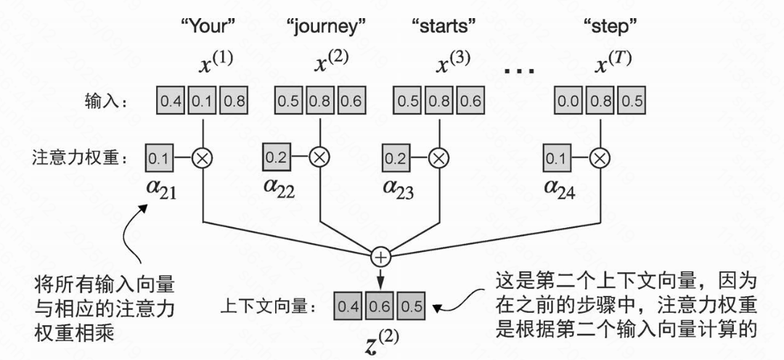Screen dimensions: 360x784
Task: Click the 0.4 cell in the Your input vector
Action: click(x=171, y=101)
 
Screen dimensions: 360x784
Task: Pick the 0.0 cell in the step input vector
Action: click(x=568, y=101)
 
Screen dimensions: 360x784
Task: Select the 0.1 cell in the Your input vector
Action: click(x=203, y=101)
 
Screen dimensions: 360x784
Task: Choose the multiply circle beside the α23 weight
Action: click(x=438, y=156)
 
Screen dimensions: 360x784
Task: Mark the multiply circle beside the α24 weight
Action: click(x=599, y=156)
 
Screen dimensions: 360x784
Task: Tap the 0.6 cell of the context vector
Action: click(x=380, y=306)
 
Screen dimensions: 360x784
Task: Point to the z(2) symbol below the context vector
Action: click(x=380, y=341)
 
